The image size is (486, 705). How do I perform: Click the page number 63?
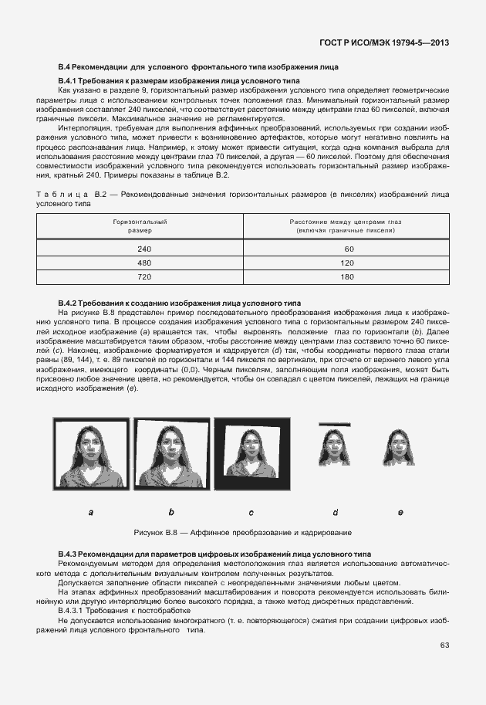pos(444,645)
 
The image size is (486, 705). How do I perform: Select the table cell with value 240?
pos(144,249)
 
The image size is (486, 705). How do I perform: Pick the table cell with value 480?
pos(144,263)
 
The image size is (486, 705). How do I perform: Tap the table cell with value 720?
pos(144,276)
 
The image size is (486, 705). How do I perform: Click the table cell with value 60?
pos(349,249)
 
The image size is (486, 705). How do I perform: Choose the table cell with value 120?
pos(349,263)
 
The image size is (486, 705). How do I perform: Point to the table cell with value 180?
pos(349,276)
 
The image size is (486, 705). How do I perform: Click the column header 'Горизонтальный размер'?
pos(140,225)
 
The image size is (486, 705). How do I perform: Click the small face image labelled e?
pos(400,456)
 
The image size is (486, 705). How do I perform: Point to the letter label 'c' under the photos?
pos(251,512)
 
